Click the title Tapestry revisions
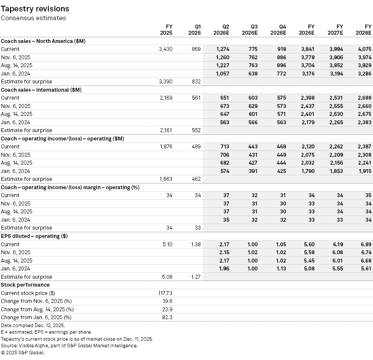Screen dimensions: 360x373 coord(35,9)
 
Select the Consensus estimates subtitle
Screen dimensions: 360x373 coord(33,18)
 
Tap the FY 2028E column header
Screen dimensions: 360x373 coord(365,29)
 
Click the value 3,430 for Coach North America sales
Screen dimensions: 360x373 coord(165,49)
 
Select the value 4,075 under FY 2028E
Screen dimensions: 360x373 coord(364,49)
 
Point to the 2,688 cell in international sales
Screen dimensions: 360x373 coord(364,98)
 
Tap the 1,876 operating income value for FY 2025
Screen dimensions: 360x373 coord(165,147)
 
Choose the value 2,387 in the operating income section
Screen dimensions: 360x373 coord(364,147)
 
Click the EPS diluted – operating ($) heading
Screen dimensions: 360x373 coord(34,236)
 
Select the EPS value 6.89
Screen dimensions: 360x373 coord(366,244)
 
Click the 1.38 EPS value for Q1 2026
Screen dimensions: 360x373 coord(194,244)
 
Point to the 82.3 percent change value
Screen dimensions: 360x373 coord(167,317)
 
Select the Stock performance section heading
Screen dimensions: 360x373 coord(25,285)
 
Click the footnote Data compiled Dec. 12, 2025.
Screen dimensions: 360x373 coord(33,325)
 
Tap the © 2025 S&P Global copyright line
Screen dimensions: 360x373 coord(22,352)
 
